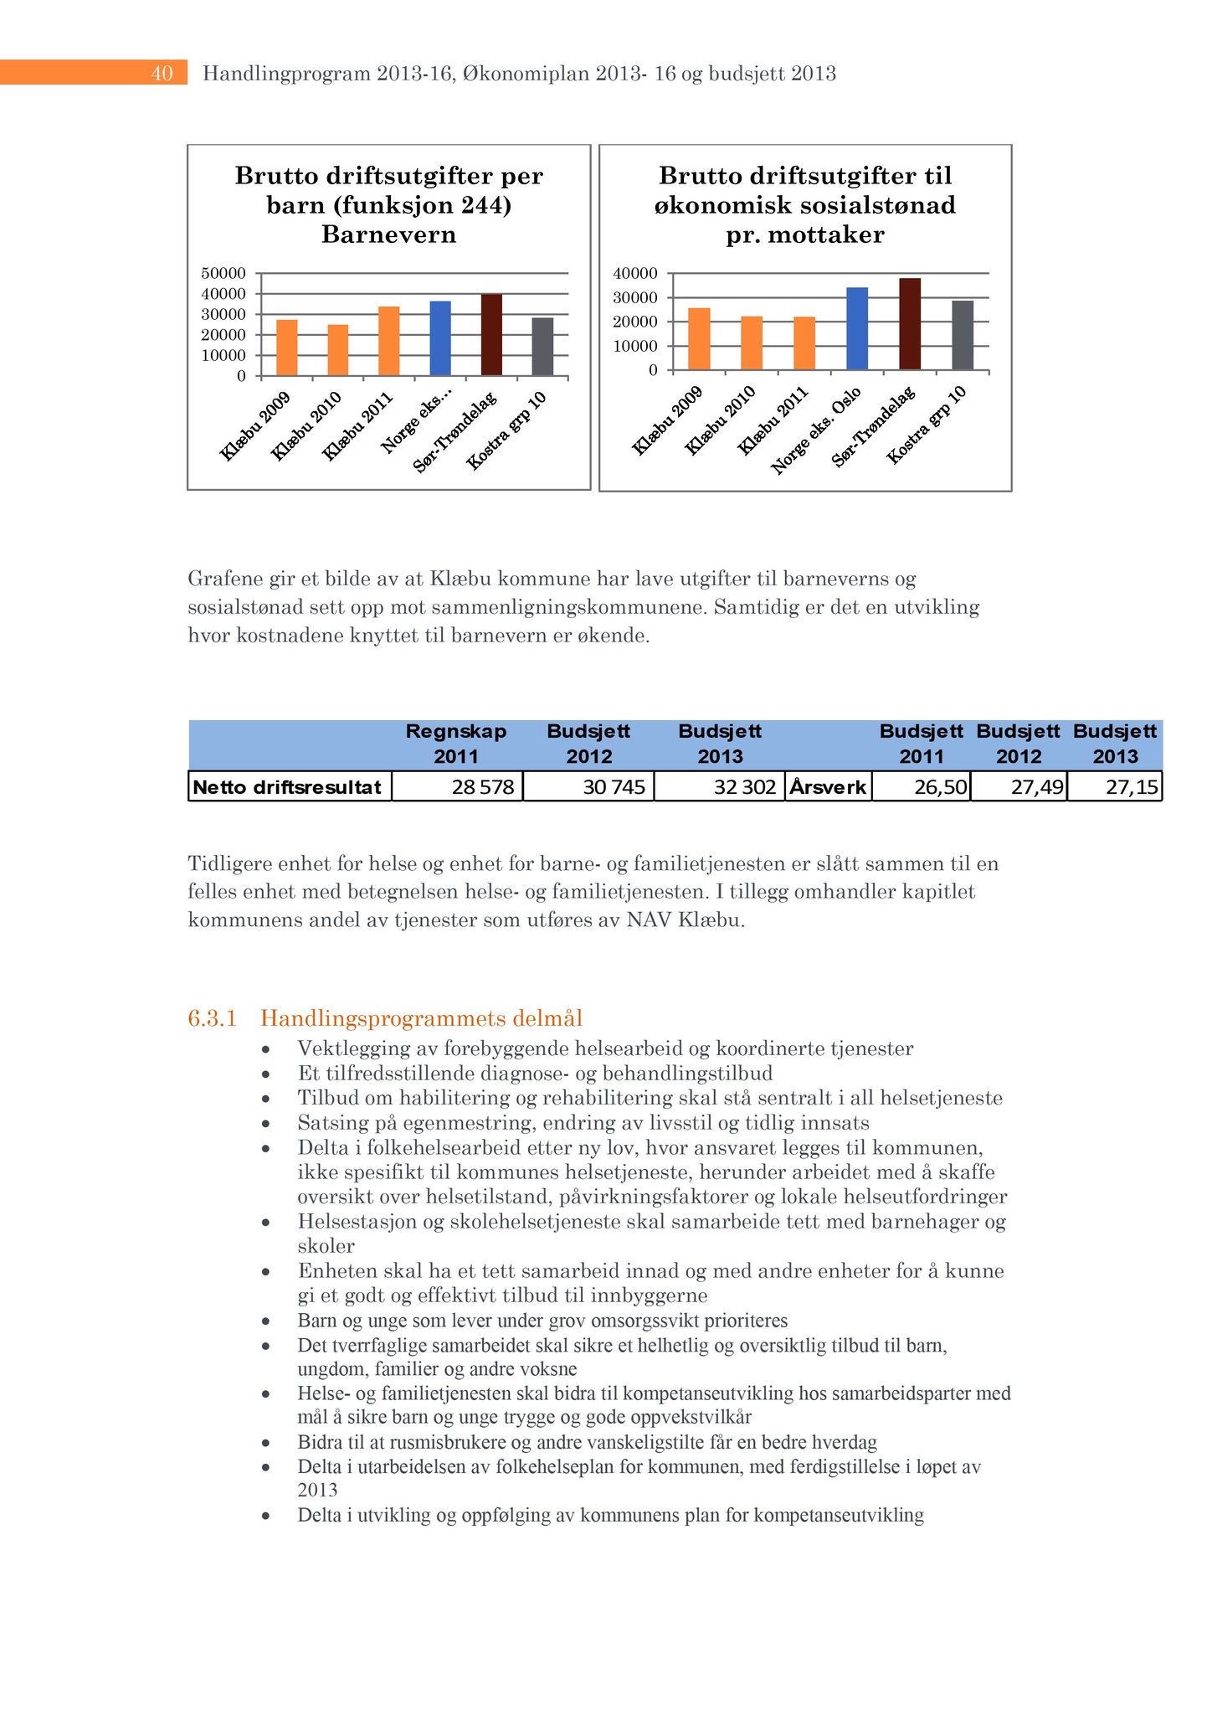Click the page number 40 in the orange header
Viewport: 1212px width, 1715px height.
(162, 74)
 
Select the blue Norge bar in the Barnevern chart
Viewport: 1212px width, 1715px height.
(440, 338)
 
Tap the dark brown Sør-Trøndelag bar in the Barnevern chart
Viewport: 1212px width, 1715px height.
(491, 335)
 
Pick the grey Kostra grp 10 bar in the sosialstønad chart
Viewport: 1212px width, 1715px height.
(963, 335)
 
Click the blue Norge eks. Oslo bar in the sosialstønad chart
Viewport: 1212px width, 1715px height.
(857, 328)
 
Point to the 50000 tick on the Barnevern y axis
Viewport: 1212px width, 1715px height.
(223, 273)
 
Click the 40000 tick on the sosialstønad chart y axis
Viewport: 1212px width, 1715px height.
(635, 273)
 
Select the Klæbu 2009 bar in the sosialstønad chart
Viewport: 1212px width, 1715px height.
(699, 338)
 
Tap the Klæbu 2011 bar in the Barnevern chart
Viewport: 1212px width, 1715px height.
(389, 341)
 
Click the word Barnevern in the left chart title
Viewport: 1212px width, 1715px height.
(388, 234)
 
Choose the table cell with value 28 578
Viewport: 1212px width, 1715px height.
(457, 787)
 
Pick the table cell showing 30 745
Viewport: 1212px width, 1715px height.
(589, 787)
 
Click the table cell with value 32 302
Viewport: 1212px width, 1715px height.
(720, 787)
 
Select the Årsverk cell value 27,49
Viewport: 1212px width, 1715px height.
(1019, 787)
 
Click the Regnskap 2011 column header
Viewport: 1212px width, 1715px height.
(456, 744)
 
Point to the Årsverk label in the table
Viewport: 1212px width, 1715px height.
(829, 787)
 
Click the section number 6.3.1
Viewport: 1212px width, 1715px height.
(213, 1018)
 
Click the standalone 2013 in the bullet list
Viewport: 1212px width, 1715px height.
(318, 1490)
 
